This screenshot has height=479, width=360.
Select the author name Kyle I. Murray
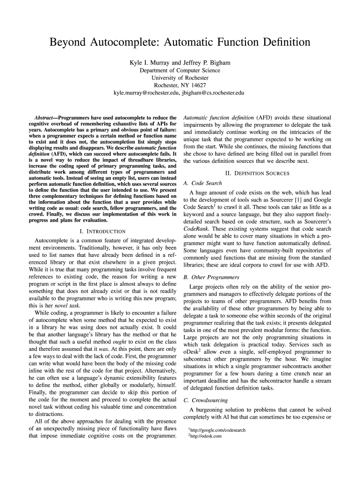(149, 62)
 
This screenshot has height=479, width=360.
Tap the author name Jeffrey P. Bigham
(207, 62)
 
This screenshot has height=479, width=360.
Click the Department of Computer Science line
(180, 70)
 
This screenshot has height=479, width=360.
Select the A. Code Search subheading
(203, 183)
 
